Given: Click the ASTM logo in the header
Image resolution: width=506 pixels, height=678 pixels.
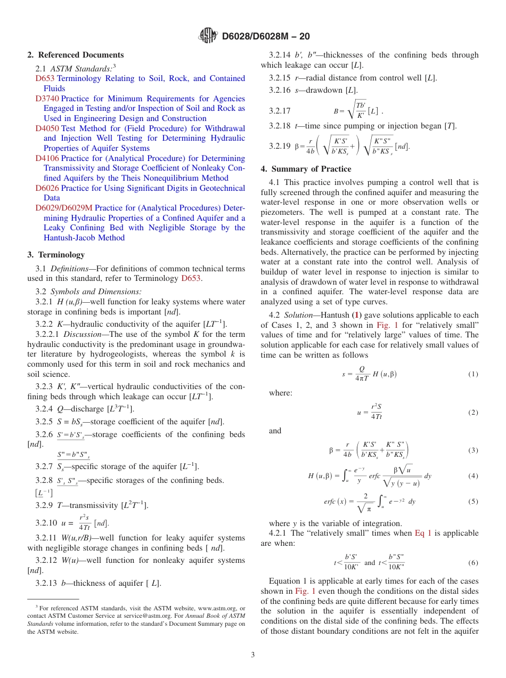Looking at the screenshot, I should click(x=208, y=36).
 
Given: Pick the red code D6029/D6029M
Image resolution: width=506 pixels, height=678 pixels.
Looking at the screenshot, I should click(x=64, y=208).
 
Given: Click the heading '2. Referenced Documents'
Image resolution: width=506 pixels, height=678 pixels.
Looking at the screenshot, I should click(x=76, y=55).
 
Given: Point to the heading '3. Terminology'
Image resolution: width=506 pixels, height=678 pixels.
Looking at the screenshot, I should click(x=56, y=255).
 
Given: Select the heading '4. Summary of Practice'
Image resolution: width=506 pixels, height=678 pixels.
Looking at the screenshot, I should click(x=306, y=169).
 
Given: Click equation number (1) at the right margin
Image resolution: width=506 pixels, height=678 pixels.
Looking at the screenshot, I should click(x=473, y=374).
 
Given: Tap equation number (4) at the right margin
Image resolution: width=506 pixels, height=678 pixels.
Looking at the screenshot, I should click(x=473, y=476).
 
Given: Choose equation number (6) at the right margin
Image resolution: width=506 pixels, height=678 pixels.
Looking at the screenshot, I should click(x=473, y=563).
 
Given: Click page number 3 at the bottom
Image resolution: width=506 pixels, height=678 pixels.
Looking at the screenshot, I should click(x=253, y=655).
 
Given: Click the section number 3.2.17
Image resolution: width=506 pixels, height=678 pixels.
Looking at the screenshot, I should click(x=280, y=111).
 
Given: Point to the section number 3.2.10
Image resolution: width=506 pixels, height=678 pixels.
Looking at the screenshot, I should click(x=46, y=523).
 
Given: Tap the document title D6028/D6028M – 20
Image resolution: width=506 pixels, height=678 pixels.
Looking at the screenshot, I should click(x=266, y=36).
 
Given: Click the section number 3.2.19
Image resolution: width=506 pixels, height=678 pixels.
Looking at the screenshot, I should click(x=280, y=146).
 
